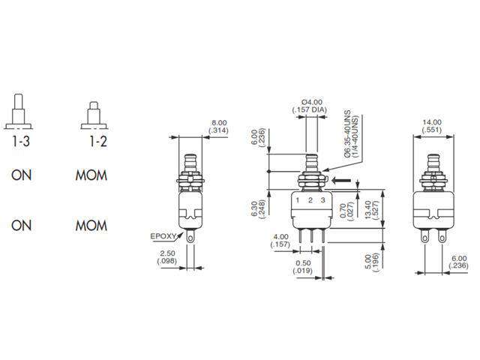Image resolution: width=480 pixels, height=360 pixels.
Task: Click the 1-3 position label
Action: [x=21, y=139]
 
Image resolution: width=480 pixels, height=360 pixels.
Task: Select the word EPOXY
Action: [x=163, y=235]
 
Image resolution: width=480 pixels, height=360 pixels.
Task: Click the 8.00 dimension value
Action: [x=219, y=122]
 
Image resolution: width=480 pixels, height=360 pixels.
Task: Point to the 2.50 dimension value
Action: [x=167, y=253]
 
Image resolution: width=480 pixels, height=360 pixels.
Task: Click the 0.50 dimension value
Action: [x=303, y=265]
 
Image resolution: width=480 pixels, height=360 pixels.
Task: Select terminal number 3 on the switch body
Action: [x=323, y=201]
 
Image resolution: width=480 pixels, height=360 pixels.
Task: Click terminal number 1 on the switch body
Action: [x=298, y=201]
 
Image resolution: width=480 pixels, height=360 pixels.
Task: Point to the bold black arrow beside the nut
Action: [x=343, y=180]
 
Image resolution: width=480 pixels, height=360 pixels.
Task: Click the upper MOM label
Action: [x=91, y=177]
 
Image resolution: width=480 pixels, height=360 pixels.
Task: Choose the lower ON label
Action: [x=21, y=225]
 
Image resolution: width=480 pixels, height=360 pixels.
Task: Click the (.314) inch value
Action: [x=219, y=130]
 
